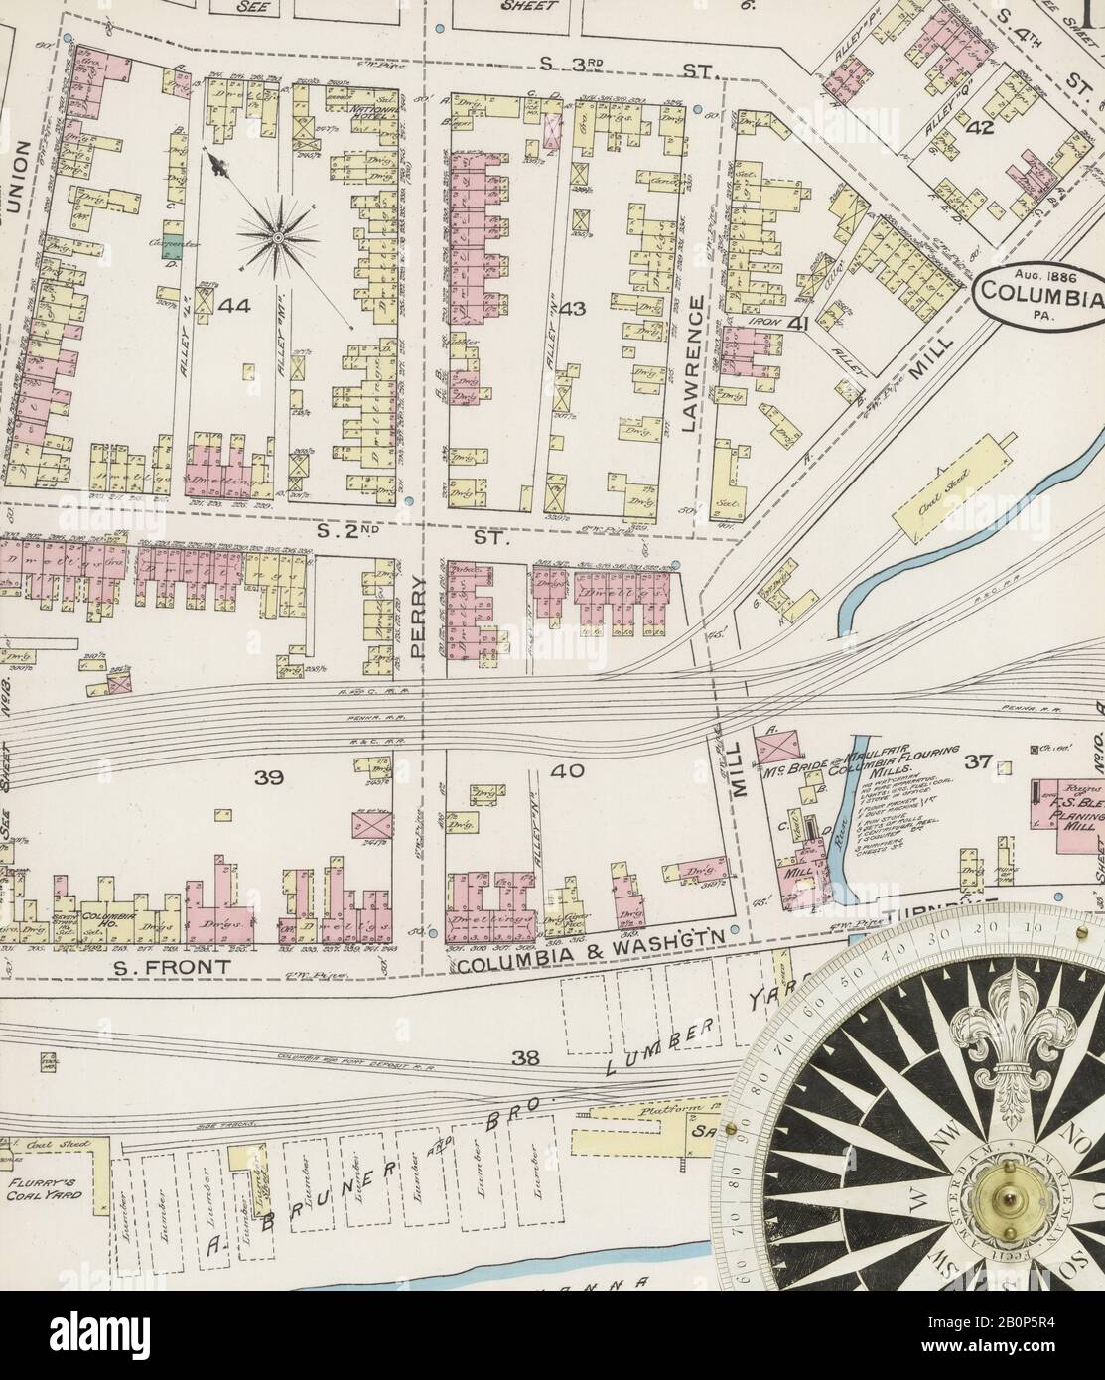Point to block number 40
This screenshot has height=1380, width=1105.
pos(575,770)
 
